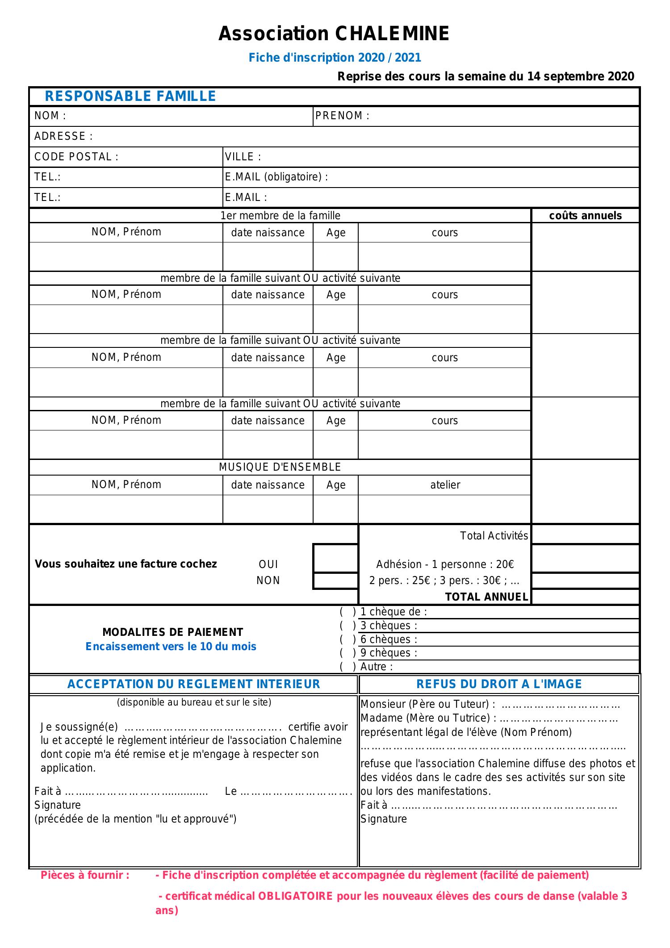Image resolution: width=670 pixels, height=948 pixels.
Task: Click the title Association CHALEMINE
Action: point(334,34)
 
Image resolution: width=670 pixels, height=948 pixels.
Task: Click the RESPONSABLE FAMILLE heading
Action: point(130,96)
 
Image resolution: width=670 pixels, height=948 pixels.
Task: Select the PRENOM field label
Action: point(342,116)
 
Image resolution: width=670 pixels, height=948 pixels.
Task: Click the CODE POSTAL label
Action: point(76,157)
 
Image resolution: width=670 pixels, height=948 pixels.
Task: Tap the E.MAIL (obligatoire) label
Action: point(276,177)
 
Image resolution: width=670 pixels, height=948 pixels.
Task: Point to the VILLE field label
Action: point(243,157)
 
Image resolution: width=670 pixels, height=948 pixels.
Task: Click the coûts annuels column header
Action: point(585,216)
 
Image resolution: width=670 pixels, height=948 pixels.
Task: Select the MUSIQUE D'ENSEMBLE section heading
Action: point(280,467)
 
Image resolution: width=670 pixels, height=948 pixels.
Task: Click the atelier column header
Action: point(445,485)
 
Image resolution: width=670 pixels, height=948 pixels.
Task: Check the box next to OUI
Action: point(335,559)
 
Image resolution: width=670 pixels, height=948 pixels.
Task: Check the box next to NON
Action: point(335,580)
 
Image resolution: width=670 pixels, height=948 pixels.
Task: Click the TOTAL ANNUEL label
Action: point(486,597)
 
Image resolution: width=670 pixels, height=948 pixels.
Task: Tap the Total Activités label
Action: point(494,536)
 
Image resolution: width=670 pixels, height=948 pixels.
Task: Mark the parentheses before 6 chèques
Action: point(348,639)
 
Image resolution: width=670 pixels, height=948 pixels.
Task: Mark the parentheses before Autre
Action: point(348,667)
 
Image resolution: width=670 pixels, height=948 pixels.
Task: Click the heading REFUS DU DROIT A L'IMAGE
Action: point(499,684)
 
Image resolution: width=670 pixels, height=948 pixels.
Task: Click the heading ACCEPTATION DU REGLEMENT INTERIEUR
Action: point(194,684)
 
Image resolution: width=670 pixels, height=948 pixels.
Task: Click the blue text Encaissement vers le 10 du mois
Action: point(171,647)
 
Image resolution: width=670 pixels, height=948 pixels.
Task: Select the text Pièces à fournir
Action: point(85,875)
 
